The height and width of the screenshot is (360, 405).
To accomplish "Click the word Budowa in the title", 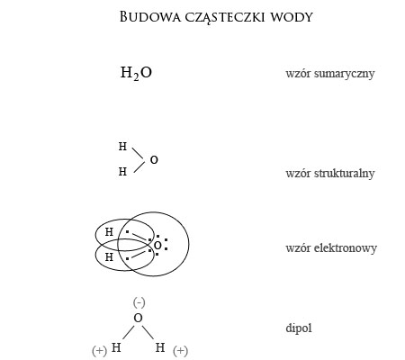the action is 150,17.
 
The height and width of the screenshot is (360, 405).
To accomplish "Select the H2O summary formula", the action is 136,73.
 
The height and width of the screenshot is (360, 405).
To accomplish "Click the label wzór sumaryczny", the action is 330,74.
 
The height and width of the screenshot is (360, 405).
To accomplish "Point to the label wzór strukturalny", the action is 330,174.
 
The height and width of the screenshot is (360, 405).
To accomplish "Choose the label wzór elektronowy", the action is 331,248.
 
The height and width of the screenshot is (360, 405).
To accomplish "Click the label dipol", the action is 299,328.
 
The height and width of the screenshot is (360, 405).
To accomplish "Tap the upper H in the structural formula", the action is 122,147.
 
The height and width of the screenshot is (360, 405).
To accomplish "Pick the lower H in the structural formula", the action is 122,172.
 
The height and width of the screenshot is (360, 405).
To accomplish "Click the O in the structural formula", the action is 154,160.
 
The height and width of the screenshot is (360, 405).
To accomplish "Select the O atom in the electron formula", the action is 157,246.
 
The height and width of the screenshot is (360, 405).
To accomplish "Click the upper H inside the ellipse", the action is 109,232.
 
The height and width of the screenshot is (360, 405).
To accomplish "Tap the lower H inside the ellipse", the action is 109,257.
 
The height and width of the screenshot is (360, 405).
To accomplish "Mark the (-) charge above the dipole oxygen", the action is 139,302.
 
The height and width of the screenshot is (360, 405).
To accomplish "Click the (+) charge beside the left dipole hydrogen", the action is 99,350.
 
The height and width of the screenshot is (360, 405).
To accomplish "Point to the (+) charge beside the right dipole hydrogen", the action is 180,350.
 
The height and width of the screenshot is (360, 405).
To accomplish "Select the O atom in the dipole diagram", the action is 138,318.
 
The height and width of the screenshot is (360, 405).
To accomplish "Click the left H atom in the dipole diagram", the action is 116,347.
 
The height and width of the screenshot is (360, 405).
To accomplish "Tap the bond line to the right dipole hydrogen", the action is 148,332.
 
